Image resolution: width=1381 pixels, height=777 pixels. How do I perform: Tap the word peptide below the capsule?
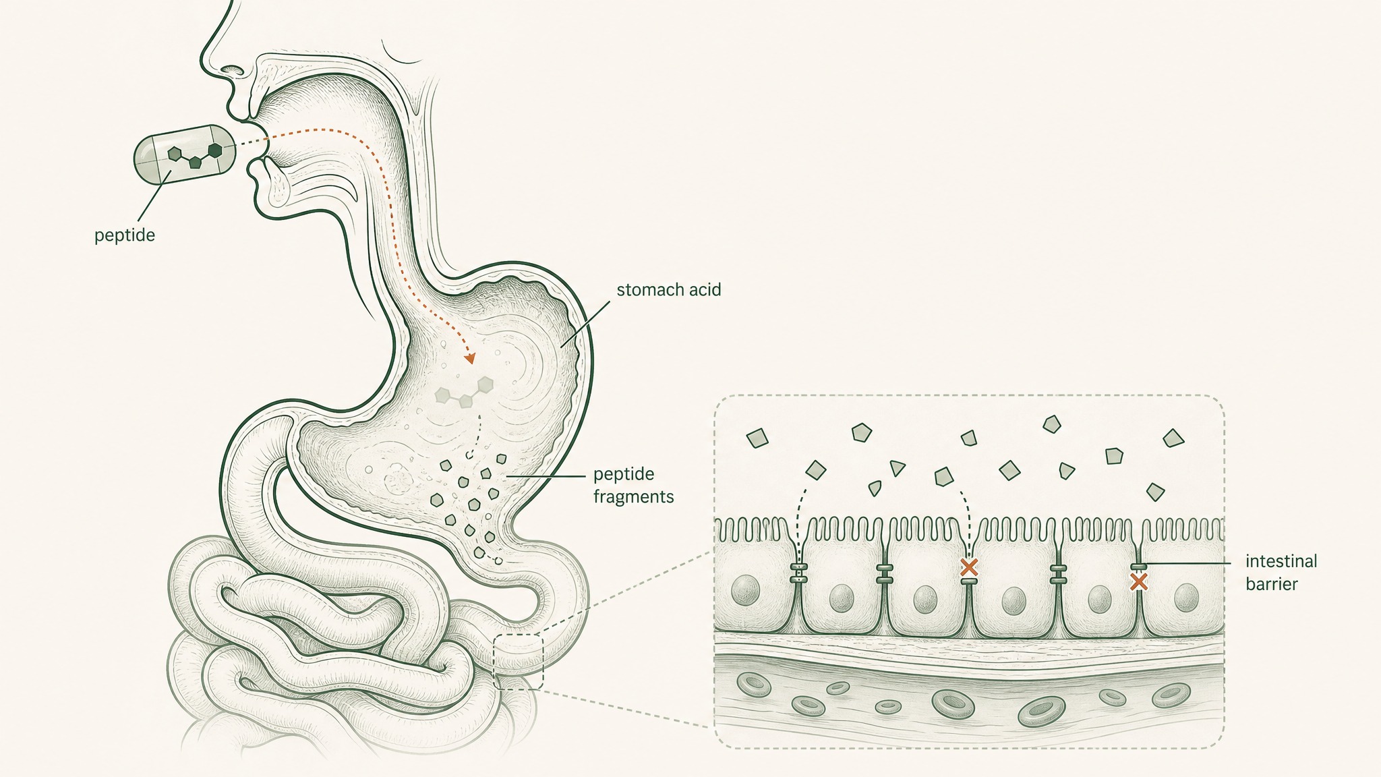pyautogui.click(x=125, y=236)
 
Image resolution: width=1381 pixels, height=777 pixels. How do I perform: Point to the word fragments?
pyautogui.click(x=633, y=498)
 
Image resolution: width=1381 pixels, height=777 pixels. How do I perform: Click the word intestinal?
pyautogui.click(x=1281, y=561)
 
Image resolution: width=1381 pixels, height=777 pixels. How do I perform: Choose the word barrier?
pyautogui.click(x=1272, y=584)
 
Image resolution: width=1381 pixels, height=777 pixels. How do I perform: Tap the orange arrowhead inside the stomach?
pyautogui.click(x=469, y=358)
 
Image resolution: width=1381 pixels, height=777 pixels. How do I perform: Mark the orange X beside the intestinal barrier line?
pyautogui.click(x=1139, y=581)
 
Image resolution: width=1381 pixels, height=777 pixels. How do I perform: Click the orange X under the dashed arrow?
pyautogui.click(x=969, y=567)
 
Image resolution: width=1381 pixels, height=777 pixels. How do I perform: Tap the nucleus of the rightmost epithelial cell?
pyautogui.click(x=1185, y=596)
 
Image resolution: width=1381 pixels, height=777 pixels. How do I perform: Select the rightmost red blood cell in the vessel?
pyautogui.click(x=1171, y=695)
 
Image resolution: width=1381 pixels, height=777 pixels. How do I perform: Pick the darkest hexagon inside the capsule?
pyautogui.click(x=215, y=150)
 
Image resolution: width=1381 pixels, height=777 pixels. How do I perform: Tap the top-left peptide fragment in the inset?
pyautogui.click(x=758, y=438)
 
